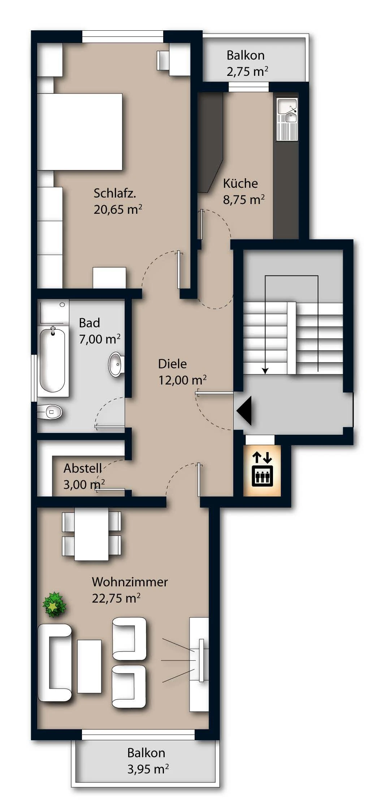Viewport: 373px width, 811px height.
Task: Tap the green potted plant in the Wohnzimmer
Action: (x=55, y=604)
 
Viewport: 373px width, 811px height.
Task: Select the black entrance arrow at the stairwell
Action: (x=244, y=411)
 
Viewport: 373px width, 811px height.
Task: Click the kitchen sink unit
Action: (x=287, y=119)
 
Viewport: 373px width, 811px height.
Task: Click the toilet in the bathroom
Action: (x=50, y=412)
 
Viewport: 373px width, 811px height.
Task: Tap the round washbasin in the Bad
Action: (x=116, y=364)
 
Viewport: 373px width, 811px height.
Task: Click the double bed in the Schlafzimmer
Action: (x=80, y=132)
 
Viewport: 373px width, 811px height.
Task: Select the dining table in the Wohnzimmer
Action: (x=92, y=534)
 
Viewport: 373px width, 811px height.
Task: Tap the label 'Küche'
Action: (x=240, y=183)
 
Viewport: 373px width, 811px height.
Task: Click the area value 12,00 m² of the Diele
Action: (x=183, y=380)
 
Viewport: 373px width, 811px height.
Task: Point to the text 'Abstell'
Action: (x=83, y=468)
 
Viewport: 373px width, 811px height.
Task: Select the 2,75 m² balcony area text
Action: (x=247, y=71)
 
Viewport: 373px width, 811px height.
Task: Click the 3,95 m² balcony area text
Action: (x=148, y=769)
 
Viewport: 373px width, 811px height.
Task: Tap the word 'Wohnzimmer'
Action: (x=130, y=582)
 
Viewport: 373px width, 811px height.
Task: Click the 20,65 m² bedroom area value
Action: (x=118, y=209)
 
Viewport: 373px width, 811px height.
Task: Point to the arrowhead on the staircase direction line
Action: (x=265, y=370)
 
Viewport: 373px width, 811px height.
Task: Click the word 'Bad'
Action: (x=89, y=323)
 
